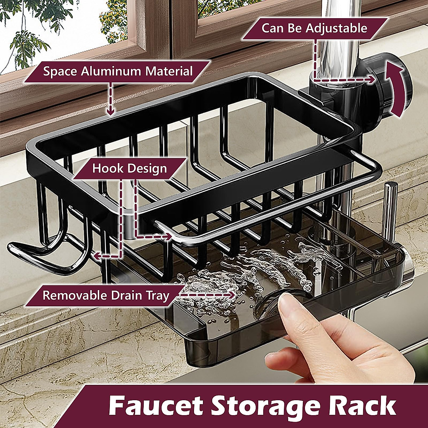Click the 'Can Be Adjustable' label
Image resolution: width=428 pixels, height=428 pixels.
point(314,29)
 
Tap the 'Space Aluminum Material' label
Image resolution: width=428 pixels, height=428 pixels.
point(118,71)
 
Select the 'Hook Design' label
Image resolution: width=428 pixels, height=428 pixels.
point(129,168)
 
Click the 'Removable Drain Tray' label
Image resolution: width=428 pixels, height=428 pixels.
point(106,295)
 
